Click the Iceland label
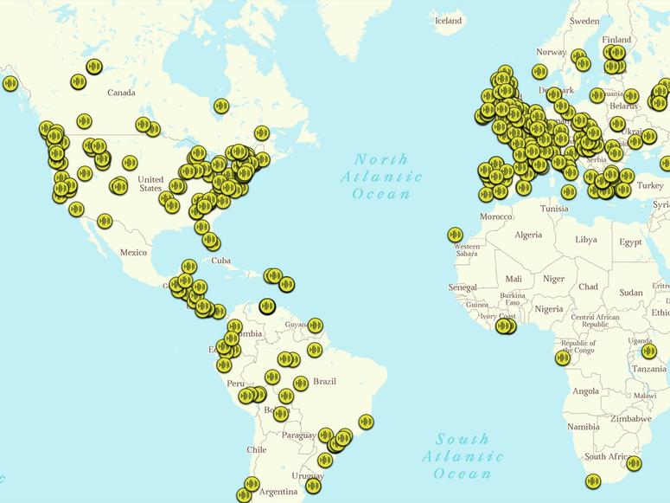click(x=448, y=20)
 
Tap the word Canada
click(x=121, y=93)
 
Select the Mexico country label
click(x=134, y=252)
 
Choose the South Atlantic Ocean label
click(x=463, y=455)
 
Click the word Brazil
click(x=324, y=381)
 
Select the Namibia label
click(x=584, y=427)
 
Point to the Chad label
click(x=588, y=287)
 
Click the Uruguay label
click(x=307, y=476)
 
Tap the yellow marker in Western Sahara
click(x=456, y=235)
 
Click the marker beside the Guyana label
click(x=316, y=326)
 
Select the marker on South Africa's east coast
click(x=634, y=463)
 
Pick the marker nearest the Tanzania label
click(x=649, y=351)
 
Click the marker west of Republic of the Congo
click(x=562, y=358)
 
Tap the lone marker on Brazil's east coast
click(x=366, y=422)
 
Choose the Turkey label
click(x=650, y=185)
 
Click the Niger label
click(x=553, y=279)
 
